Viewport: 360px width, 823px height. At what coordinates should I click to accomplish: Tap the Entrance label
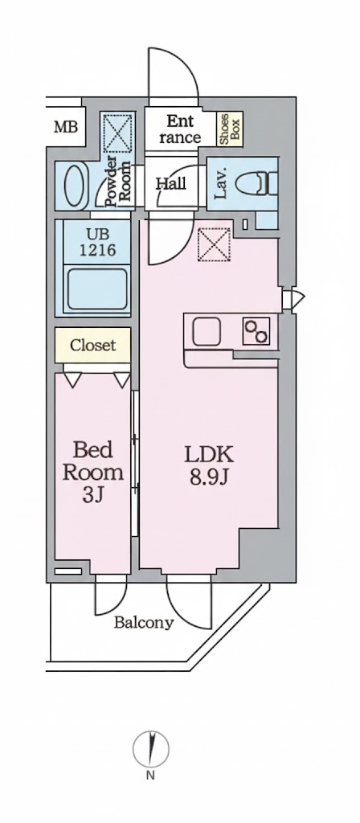[179, 129]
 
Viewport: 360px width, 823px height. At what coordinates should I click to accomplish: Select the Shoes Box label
[230, 129]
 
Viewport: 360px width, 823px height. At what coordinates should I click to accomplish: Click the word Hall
[170, 184]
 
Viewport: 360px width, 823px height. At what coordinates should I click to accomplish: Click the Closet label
[92, 346]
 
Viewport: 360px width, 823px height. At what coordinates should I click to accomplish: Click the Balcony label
[143, 622]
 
